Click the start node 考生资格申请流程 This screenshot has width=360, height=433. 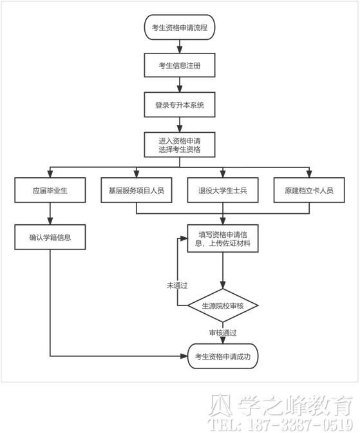(x=180, y=27)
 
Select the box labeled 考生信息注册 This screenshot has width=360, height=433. (x=180, y=66)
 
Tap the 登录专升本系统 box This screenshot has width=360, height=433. (x=180, y=105)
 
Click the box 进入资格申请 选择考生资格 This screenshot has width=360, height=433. (x=180, y=145)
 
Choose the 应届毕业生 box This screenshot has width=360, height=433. (x=50, y=190)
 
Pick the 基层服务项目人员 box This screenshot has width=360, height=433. (x=137, y=190)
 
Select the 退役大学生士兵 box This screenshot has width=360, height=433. (x=223, y=190)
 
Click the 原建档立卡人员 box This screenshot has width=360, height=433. (x=309, y=190)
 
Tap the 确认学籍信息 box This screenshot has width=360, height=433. (x=50, y=237)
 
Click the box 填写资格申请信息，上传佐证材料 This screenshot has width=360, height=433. (x=223, y=238)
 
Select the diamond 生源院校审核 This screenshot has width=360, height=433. (x=223, y=305)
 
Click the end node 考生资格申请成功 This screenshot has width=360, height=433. (x=223, y=356)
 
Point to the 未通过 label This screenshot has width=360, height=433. (x=177, y=285)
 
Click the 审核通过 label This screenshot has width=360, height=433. (x=223, y=332)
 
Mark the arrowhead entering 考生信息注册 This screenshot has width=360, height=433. (x=180, y=50)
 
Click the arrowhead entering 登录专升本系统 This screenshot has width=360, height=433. (x=180, y=89)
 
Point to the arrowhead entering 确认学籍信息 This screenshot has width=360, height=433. (x=50, y=221)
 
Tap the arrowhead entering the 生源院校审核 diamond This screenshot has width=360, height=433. (x=223, y=285)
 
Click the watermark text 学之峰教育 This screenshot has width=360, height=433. (x=295, y=405)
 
